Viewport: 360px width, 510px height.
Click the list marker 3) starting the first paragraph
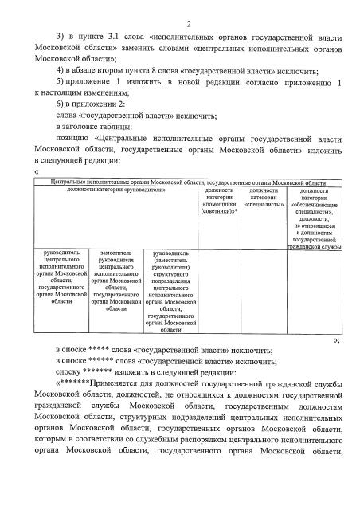[x=61, y=37]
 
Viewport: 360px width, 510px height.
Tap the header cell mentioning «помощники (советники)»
[x=219, y=203]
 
